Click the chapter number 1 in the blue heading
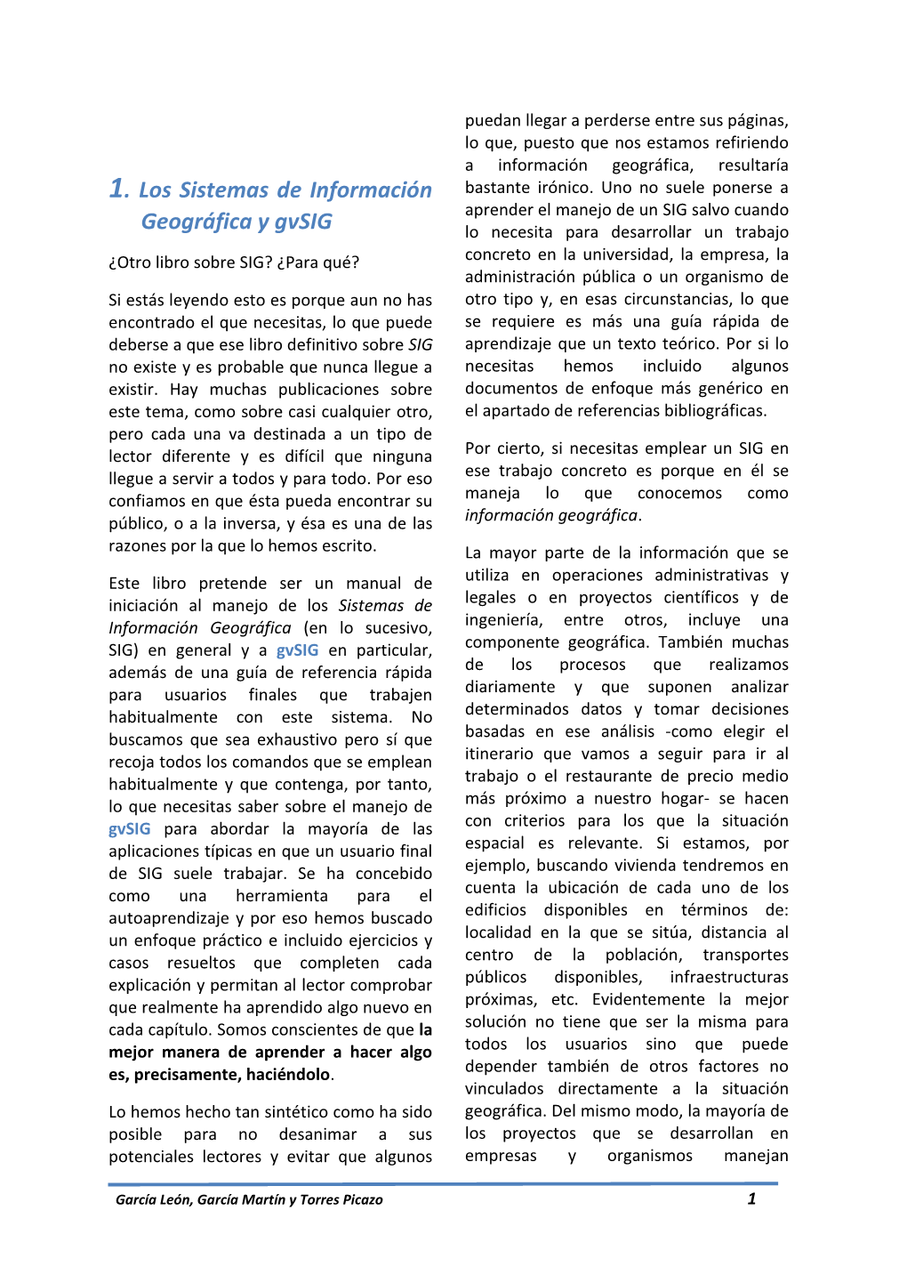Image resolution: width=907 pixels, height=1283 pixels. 117,189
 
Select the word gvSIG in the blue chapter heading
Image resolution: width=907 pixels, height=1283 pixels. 302,222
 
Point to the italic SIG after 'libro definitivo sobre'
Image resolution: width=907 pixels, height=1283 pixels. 420,345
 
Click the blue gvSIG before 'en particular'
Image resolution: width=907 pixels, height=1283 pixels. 296,650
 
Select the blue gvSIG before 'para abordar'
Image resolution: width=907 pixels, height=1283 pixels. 129,829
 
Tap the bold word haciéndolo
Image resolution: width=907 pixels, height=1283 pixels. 288,1075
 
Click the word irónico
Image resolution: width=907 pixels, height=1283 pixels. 565,188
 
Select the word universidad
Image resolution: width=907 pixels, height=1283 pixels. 627,254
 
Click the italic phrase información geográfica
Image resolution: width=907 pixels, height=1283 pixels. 550,516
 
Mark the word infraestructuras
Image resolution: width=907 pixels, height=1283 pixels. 729,978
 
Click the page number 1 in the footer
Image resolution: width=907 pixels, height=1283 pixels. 751,1199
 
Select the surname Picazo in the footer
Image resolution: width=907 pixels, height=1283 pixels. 361,1200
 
